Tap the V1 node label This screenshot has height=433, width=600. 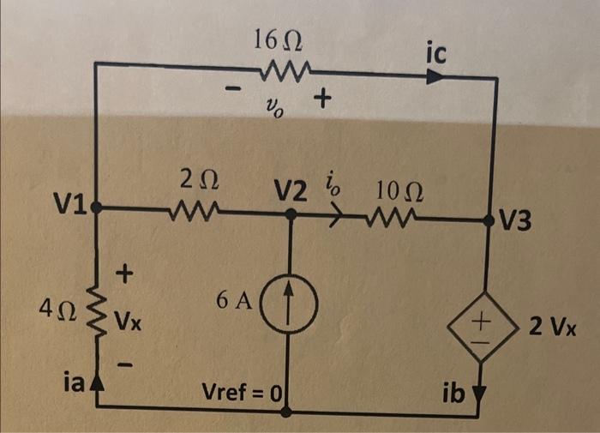69,203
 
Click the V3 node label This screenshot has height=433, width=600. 517,223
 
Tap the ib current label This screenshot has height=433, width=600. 453,394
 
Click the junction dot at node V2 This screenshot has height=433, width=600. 291,217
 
